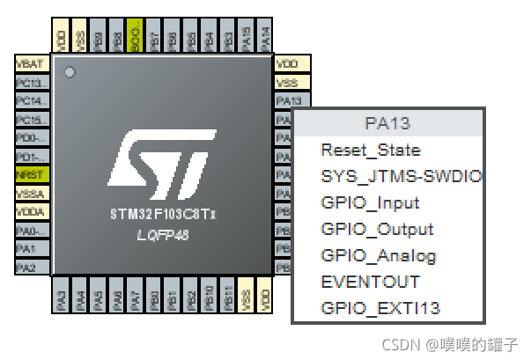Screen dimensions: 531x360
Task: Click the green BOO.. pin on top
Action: pyautogui.click(x=135, y=38)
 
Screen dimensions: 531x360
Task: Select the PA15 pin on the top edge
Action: pyautogui.click(x=247, y=38)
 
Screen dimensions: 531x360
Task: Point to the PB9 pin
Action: pyautogui.click(x=98, y=38)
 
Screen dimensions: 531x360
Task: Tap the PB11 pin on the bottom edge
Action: pyautogui.click(x=228, y=297)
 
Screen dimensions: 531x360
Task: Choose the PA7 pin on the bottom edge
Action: pyautogui.click(x=135, y=297)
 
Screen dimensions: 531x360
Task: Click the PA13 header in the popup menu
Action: pyautogui.click(x=387, y=123)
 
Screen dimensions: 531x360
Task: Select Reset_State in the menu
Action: pyautogui.click(x=370, y=151)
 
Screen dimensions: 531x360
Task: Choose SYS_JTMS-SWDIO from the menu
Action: pyautogui.click(x=401, y=176)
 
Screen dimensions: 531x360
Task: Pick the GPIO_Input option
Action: pyautogui.click(x=370, y=202)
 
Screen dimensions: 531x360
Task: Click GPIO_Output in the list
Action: pyautogui.click(x=377, y=229)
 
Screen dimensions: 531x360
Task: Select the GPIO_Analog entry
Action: pyautogui.click(x=379, y=255)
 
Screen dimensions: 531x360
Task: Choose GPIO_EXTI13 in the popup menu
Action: pyautogui.click(x=380, y=308)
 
